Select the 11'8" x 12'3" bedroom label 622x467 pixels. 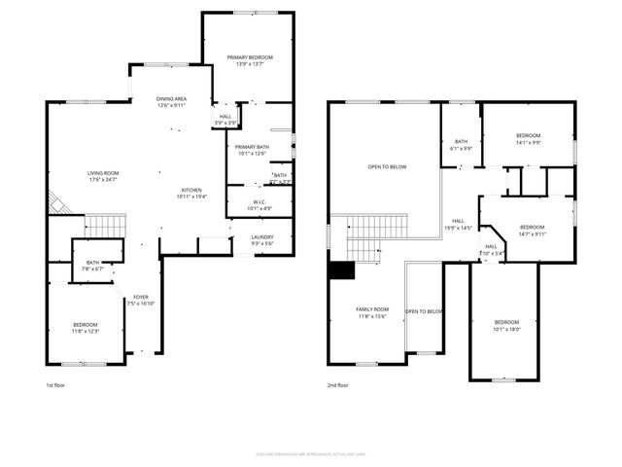click(86, 328)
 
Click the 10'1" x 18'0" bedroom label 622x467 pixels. click(506, 326)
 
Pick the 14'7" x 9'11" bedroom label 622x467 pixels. click(533, 230)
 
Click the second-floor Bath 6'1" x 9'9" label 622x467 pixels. click(461, 144)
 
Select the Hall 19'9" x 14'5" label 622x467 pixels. click(457, 225)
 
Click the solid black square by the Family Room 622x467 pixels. click(340, 271)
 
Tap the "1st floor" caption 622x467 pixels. click(55, 385)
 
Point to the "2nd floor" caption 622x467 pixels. click(337, 385)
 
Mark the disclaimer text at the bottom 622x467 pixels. click(311, 453)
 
